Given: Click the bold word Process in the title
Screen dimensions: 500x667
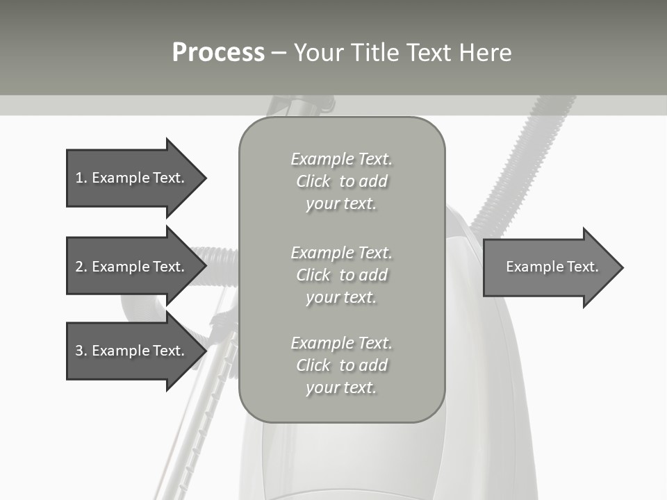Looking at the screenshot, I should [x=218, y=53].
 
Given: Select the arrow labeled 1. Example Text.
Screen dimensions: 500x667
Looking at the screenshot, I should [x=132, y=178].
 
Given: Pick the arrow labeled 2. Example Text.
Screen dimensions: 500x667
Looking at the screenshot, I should [x=132, y=267].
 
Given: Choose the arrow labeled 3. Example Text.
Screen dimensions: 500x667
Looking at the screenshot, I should [x=132, y=351].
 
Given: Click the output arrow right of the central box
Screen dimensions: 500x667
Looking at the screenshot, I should [x=549, y=267].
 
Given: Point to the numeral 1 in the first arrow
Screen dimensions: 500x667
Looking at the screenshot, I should [x=79, y=178].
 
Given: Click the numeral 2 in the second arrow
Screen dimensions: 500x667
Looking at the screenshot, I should [x=79, y=267].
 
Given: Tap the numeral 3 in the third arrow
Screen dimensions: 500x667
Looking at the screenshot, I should [x=79, y=351].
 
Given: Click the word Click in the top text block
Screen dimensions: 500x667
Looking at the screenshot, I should [x=313, y=182].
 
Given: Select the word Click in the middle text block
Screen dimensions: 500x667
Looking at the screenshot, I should [x=313, y=275].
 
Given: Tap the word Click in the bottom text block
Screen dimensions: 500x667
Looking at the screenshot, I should [x=313, y=365].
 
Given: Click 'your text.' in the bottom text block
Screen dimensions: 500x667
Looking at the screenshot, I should [x=340, y=387].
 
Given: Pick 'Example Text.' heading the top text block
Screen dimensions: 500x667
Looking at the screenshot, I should [x=341, y=159].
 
